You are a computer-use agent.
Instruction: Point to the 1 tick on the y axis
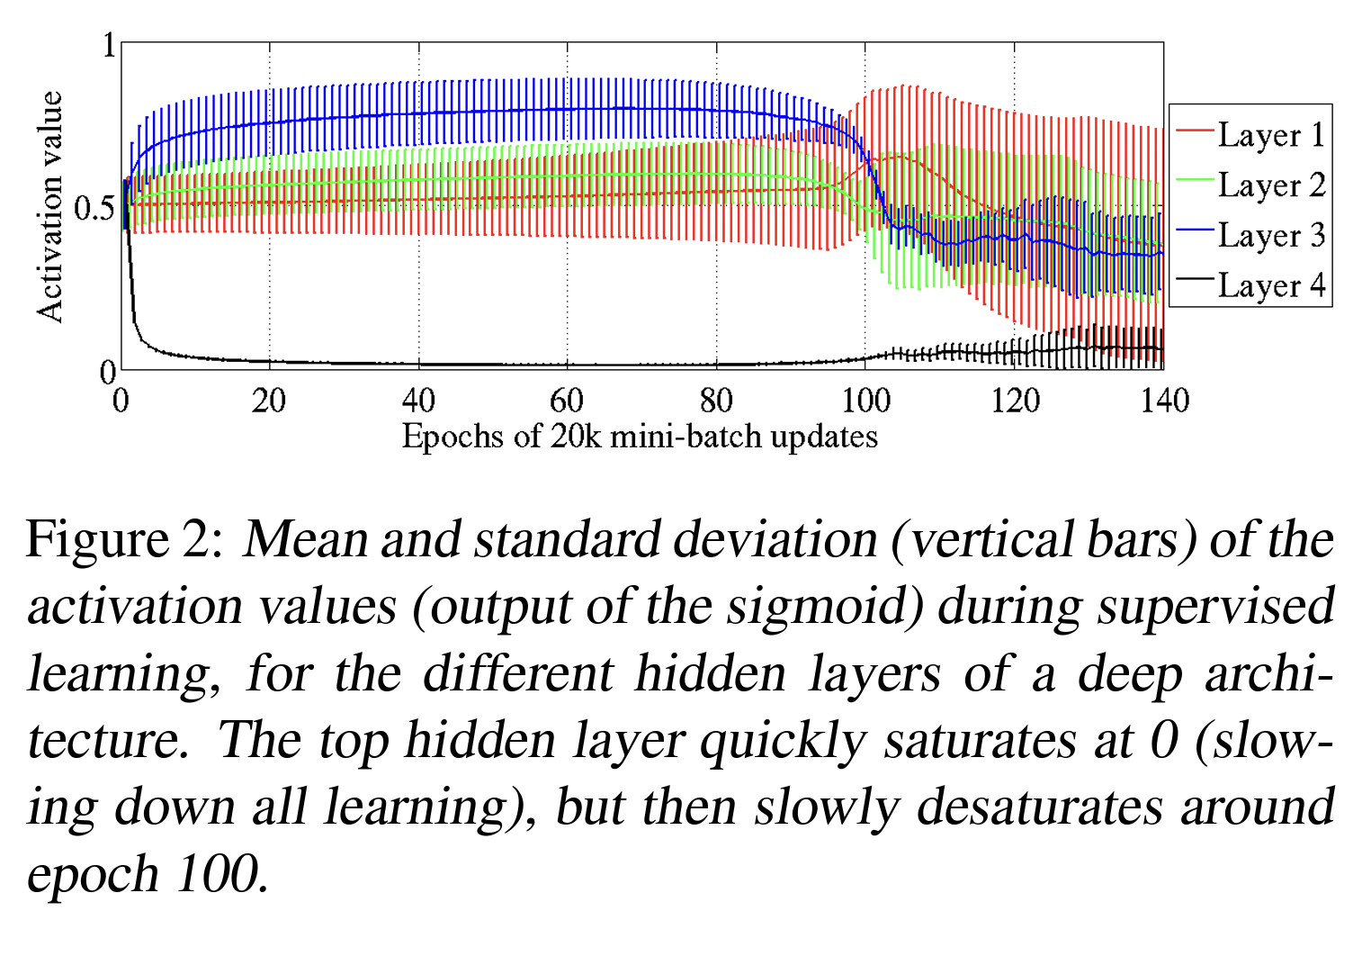tap(110, 45)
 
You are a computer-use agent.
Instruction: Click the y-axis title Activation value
tap(50, 206)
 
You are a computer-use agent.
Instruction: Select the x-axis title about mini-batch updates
tap(640, 437)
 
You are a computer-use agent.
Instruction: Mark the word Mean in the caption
tap(306, 540)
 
